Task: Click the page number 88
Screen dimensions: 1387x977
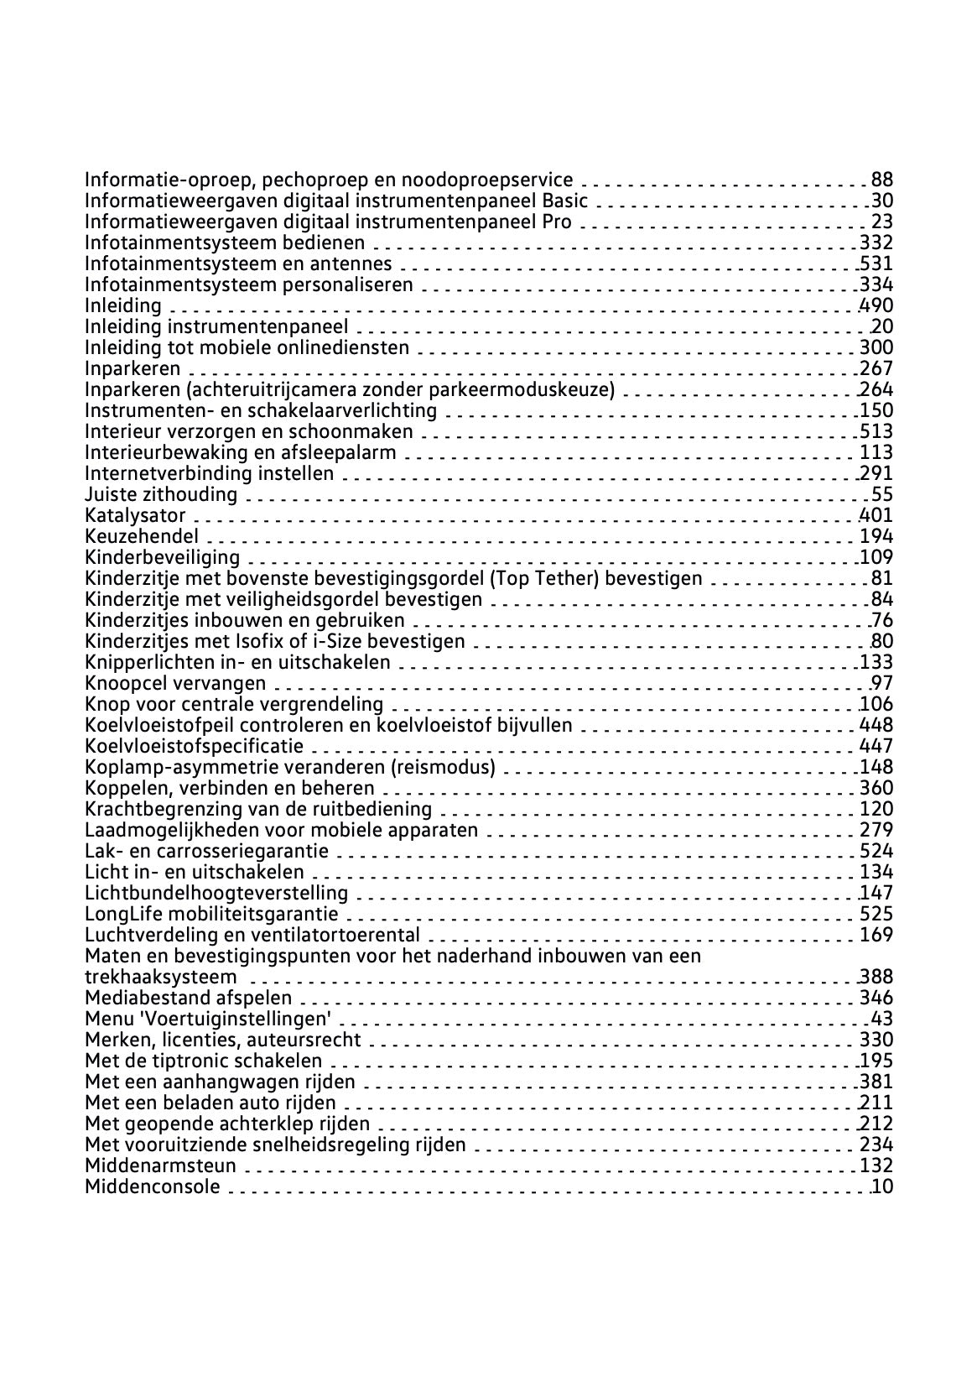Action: [882, 180]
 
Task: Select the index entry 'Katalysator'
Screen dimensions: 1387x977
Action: [135, 515]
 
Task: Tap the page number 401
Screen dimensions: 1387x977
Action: [876, 515]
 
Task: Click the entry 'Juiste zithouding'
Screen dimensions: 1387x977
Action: [161, 494]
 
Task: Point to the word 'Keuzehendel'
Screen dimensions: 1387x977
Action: [142, 536]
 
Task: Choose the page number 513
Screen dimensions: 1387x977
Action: [876, 431]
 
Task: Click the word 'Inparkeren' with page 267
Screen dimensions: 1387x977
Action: [133, 368]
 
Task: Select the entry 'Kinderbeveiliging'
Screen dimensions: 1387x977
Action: [162, 557]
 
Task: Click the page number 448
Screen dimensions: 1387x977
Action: [876, 725]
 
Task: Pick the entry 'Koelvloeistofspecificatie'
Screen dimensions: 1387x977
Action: [195, 746]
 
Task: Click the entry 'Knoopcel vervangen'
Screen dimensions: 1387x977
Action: [175, 683]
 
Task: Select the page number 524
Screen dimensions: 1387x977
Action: [876, 851]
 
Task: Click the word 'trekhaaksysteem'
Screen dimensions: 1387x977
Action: [161, 977]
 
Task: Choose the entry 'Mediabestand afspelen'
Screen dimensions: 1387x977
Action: [189, 998]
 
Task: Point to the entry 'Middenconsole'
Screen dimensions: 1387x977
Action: [153, 1186]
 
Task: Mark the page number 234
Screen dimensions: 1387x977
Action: [876, 1145]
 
